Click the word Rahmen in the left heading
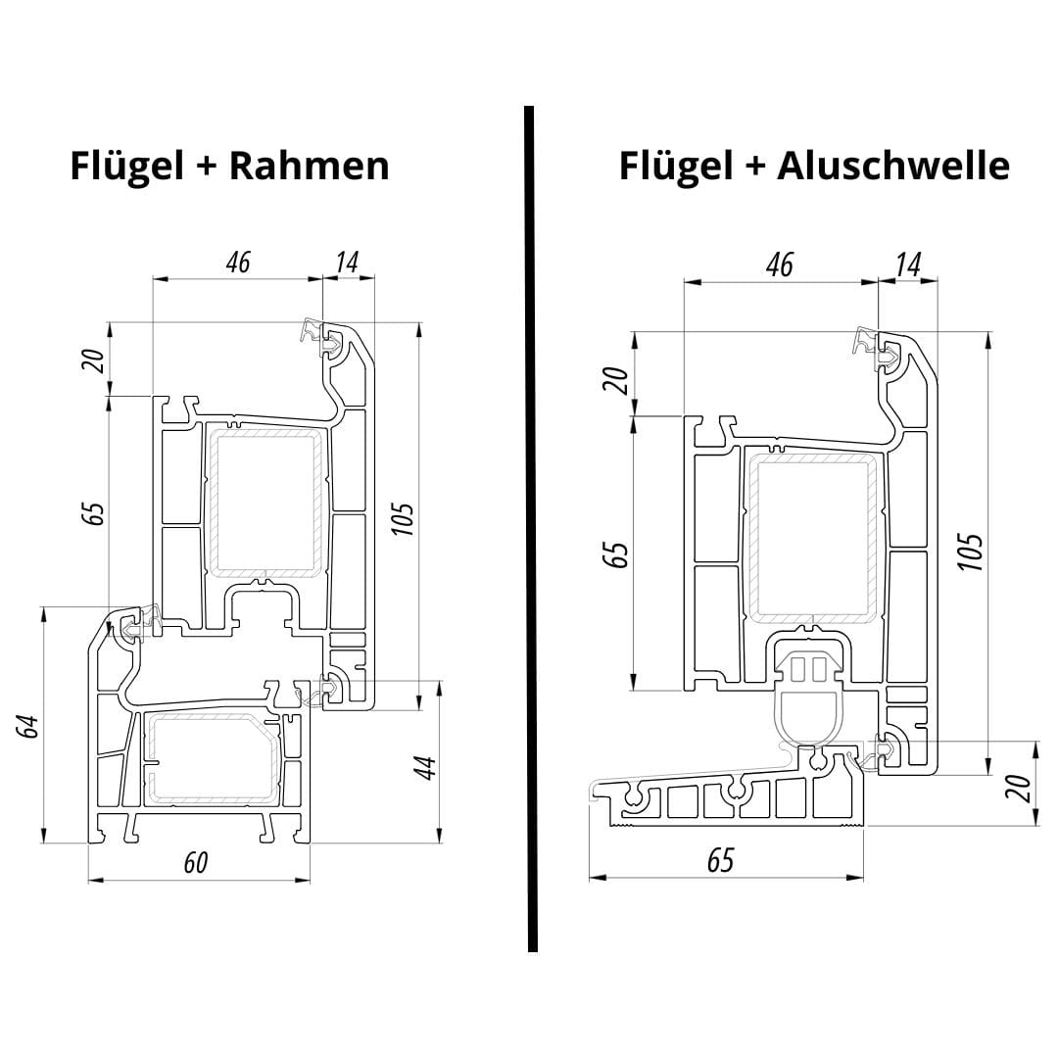(x=309, y=166)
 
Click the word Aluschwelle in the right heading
(x=892, y=166)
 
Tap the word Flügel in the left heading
(x=127, y=166)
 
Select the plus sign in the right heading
(x=753, y=167)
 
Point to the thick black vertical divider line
(x=531, y=529)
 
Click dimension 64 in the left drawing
(x=28, y=726)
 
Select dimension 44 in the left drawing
(x=422, y=767)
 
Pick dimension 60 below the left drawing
(x=196, y=862)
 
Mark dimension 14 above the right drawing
(x=907, y=264)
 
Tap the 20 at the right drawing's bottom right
(x=1019, y=788)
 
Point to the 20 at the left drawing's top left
(x=92, y=360)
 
